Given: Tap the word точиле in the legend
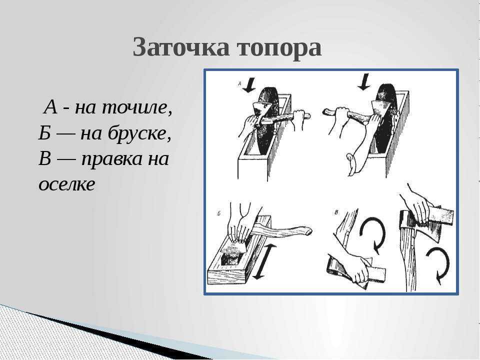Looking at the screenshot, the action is pos(134,108).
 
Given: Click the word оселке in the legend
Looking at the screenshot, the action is pos(67,184).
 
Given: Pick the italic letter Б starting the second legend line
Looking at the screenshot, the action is pos(44,133).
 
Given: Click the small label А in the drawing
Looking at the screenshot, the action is pos(239,83).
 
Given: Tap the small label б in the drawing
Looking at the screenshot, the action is pos(219,213).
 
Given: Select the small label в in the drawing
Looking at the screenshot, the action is pos(336,212).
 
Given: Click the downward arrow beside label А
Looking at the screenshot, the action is pos(250,85).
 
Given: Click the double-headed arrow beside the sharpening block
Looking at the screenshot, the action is pos(263,261).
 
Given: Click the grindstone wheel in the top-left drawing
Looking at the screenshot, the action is pos(267,122).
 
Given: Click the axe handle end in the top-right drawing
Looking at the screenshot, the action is pos(326,112).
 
